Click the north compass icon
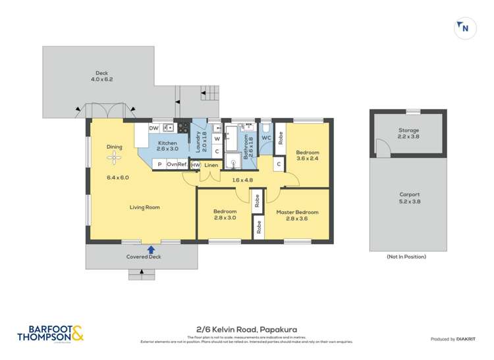pos(465,28)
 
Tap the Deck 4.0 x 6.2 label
pos(101,76)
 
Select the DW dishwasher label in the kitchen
pos(153,128)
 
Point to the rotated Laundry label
pos(198,141)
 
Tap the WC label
pos(266,138)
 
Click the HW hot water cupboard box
pos(196,165)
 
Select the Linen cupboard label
pos(211,165)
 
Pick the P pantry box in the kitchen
pos(159,164)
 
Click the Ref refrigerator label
pos(182,164)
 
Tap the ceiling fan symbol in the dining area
pos(115,157)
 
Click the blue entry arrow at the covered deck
pos(151,249)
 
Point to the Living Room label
pos(144,207)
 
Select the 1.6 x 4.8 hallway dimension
pos(242,179)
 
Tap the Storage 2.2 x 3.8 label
pos(408,134)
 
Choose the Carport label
pos(408,195)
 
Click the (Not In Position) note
pos(406,257)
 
